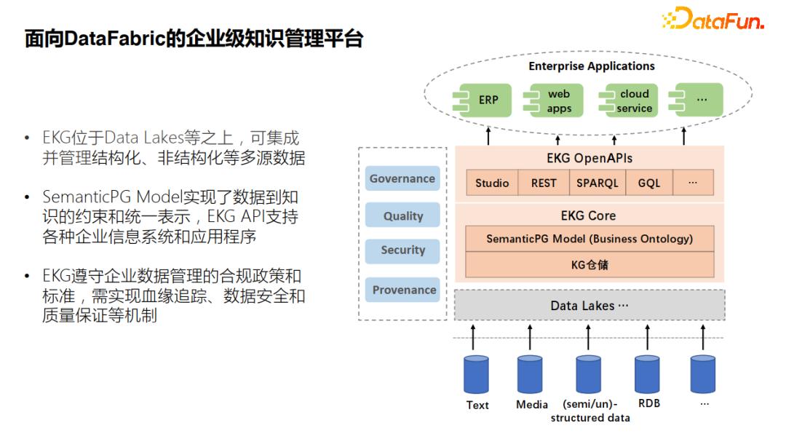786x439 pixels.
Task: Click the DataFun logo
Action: click(712, 20)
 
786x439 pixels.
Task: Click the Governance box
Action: click(402, 178)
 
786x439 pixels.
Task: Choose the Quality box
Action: click(402, 215)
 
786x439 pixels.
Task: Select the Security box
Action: click(402, 250)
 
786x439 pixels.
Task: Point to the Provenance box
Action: click(402, 290)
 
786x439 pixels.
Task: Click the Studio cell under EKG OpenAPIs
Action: click(492, 183)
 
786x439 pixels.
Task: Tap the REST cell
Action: click(543, 183)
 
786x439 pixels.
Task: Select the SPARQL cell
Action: click(597, 183)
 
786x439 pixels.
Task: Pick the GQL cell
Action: click(648, 183)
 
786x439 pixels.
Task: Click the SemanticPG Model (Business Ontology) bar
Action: click(589, 239)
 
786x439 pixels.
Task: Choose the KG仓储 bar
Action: click(589, 264)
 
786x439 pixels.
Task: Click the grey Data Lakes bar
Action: click(589, 306)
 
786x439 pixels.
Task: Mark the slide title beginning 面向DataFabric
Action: click(194, 39)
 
